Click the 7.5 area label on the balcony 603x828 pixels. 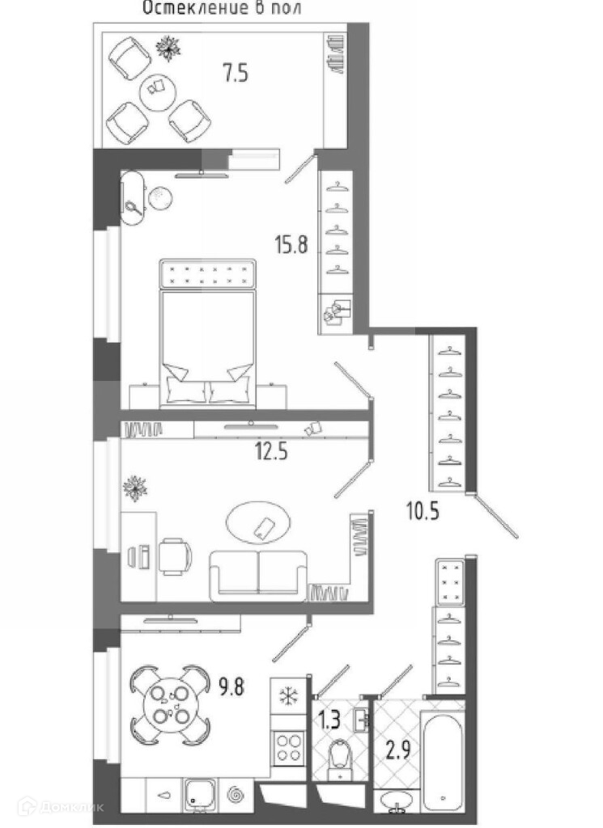click(236, 74)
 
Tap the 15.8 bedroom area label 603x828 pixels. click(291, 243)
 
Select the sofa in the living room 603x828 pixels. click(258, 575)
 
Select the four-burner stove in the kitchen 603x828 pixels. click(287, 746)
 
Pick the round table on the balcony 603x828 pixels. click(158, 91)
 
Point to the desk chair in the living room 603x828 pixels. click(175, 557)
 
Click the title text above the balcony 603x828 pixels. click(214, 9)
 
